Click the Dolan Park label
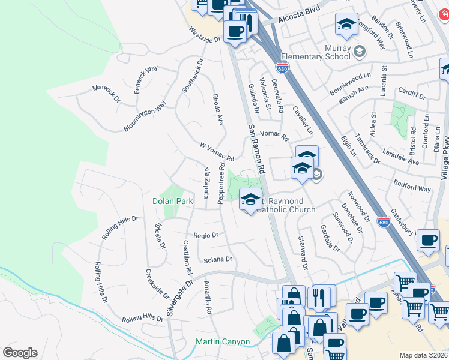pos(172,202)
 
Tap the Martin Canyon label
pos(223,342)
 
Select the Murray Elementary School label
pos(324,51)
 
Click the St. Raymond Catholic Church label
pos(286,205)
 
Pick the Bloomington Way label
pos(145,116)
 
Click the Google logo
pos(20,353)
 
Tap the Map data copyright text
pos(424,355)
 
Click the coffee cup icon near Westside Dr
pos(235,31)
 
